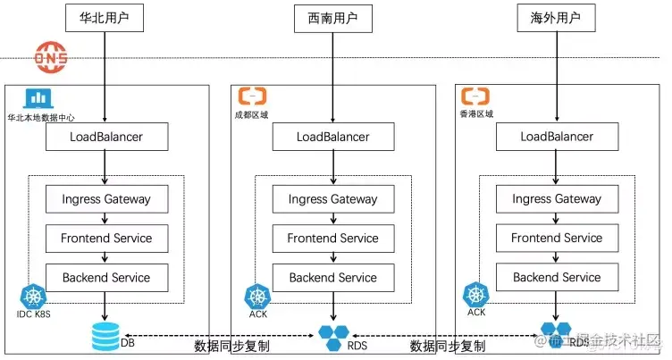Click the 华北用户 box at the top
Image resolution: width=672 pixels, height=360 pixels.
pos(106,18)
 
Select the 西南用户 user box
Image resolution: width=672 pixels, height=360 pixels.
pos(332,18)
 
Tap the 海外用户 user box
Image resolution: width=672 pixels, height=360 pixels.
pos(556,18)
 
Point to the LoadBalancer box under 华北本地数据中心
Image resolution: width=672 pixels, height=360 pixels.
pos(106,137)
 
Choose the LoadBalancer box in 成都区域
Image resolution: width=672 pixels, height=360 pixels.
pos(332,137)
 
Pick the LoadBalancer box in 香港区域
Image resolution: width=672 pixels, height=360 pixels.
pos(557,137)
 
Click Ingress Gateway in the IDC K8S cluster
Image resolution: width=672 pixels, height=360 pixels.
pos(106,199)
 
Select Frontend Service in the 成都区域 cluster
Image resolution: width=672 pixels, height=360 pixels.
pos(332,239)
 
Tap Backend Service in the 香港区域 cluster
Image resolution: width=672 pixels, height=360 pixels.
pos(557,278)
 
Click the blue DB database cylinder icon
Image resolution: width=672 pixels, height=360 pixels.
pos(105,338)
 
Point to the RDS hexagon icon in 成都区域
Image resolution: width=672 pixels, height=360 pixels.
pos(332,338)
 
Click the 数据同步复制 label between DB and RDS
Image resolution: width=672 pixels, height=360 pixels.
pos(231,346)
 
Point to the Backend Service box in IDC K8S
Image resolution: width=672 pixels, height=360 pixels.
pos(106,278)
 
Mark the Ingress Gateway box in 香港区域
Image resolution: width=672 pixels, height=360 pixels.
pos(557,199)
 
